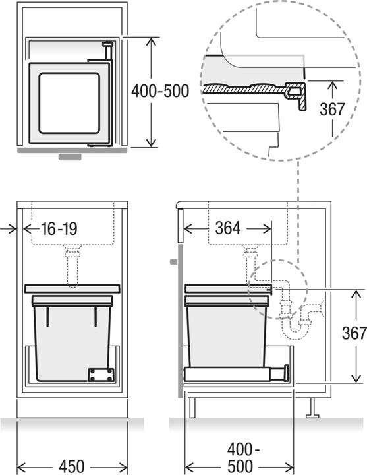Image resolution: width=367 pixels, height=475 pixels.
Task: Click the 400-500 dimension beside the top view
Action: [x=160, y=91]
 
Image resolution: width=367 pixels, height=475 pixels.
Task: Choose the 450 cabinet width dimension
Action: [x=67, y=465]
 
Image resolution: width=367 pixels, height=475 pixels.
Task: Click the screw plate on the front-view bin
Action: [x=100, y=374]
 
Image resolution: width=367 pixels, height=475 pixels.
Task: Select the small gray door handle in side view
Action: [x=173, y=262]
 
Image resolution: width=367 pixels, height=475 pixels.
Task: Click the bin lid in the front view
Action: [x=72, y=288]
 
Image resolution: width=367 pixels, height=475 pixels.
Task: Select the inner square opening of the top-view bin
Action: [x=69, y=103]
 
